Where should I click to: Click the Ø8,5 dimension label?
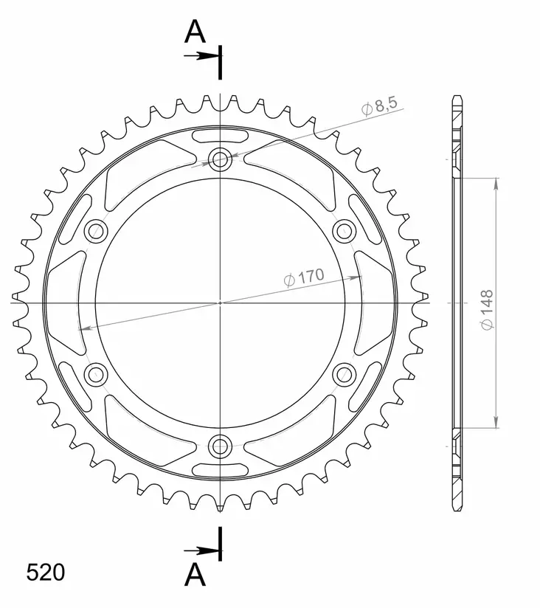point(379,106)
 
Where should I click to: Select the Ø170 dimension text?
point(303,277)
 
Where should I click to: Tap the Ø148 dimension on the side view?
point(487,310)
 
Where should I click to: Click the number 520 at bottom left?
point(45,573)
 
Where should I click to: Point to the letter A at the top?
point(195,32)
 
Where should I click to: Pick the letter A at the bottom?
point(195,575)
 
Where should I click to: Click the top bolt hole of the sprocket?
point(220,159)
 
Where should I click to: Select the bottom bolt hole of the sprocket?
point(220,446)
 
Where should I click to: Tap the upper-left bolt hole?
point(96,231)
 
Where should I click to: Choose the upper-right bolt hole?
point(345,231)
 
